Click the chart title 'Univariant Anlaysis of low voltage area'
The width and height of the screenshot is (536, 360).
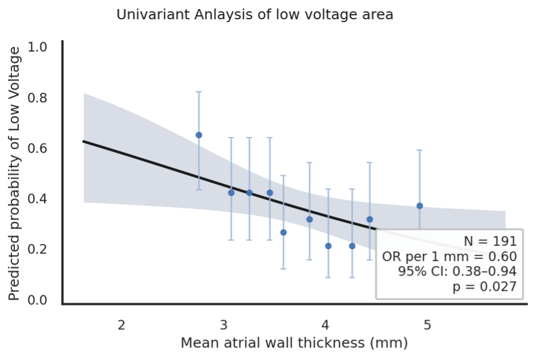coord(255,15)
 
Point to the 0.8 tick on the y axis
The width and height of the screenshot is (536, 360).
coord(38,98)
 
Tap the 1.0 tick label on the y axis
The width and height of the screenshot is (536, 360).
coord(38,47)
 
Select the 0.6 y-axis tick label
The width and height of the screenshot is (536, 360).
coord(38,148)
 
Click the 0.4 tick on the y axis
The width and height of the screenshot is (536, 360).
coord(38,199)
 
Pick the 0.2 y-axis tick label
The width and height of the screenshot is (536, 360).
coord(38,250)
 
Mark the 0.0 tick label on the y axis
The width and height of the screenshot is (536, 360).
coord(38,300)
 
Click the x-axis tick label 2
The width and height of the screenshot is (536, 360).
coord(121,325)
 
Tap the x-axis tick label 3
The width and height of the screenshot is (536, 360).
coord(223,325)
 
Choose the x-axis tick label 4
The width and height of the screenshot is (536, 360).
coord(325,325)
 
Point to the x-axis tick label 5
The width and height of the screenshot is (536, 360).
coord(427,325)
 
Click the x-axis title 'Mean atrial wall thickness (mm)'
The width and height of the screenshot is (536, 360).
coord(294,343)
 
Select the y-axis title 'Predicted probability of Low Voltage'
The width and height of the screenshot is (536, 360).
coord(15,173)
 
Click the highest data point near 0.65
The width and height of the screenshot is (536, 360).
coord(199,135)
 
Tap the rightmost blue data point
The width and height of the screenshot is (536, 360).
coord(419,205)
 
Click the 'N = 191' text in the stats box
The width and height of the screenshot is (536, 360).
coord(490,241)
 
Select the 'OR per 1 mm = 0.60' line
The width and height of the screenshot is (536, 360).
coord(449,256)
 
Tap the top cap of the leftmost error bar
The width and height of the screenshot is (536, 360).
coord(199,92)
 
